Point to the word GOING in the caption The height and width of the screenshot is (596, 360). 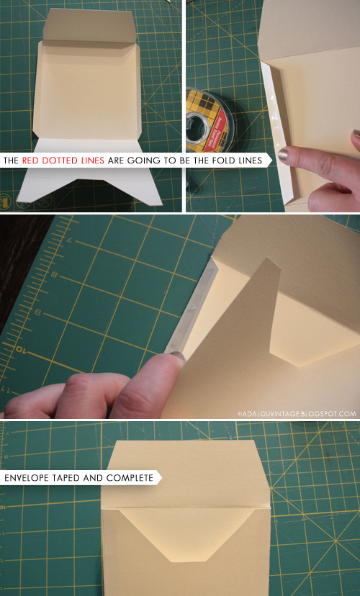(x=139, y=161)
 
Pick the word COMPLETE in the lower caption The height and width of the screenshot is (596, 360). (x=130, y=478)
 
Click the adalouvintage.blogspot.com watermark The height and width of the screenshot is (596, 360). (x=297, y=414)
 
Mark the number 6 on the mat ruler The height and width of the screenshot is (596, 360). (x=37, y=312)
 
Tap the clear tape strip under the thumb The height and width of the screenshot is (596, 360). (x=191, y=309)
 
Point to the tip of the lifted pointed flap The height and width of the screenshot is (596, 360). (x=269, y=259)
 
